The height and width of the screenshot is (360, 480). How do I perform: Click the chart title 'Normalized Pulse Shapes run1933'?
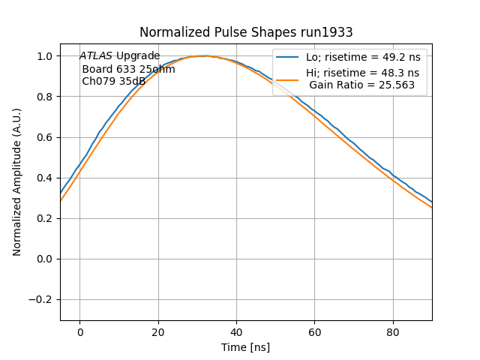pos(246,32)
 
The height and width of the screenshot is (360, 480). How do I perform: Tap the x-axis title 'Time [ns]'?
pos(245,347)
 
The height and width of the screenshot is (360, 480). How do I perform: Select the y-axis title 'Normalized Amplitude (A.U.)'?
pos(17,181)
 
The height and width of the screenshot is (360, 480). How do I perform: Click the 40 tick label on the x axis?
pos(236,332)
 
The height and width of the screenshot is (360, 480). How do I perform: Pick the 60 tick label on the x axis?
pos(314,332)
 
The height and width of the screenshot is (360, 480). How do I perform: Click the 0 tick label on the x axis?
pos(79,332)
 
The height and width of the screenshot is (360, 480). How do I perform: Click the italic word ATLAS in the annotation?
pos(96,55)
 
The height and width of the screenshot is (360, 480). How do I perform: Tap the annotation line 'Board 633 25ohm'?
pos(128,69)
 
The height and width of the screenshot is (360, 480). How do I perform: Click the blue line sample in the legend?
pos(288,56)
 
